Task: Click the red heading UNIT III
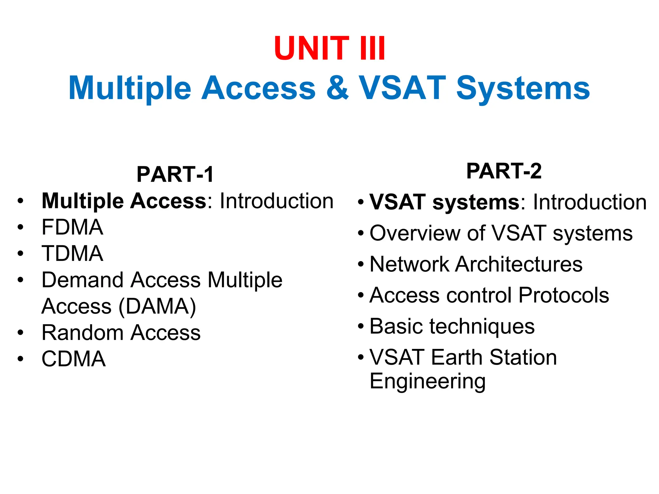[x=329, y=48]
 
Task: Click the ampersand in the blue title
[x=337, y=88]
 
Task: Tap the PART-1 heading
[x=175, y=174]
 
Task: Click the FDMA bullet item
[x=72, y=227]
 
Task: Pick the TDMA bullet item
[x=72, y=253]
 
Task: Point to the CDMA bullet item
[x=73, y=359]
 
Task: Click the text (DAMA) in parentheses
[x=157, y=306]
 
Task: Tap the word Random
[x=82, y=333]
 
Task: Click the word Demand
[x=82, y=280]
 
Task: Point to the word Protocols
[x=564, y=295]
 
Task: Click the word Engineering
[x=428, y=381]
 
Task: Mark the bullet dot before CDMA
[x=21, y=359]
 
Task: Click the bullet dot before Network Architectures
[x=361, y=265]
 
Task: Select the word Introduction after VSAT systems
[x=589, y=202]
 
